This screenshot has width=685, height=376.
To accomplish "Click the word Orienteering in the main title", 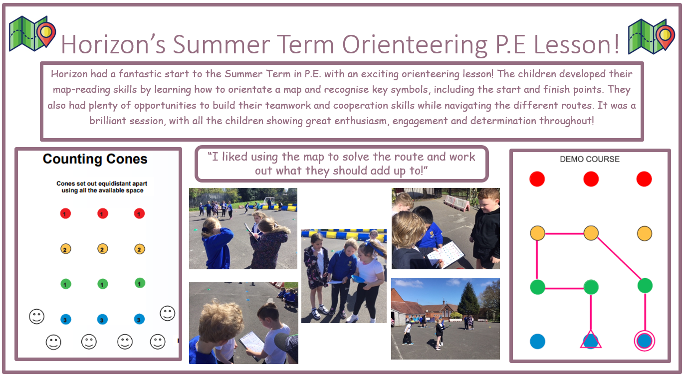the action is [415, 45].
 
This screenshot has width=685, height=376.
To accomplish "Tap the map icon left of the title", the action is [32, 33].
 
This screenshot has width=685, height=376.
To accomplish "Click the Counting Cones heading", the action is [95, 159].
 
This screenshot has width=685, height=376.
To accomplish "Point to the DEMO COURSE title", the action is [590, 159].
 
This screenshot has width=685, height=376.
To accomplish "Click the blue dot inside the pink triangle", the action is [591, 341].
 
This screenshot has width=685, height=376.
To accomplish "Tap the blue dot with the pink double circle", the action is [644, 341].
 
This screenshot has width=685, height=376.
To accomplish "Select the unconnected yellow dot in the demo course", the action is [644, 233].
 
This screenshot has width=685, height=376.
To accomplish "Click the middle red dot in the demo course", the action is [591, 179].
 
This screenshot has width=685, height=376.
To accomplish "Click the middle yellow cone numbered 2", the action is [102, 249].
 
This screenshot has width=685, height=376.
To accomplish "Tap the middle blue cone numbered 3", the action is [102, 320].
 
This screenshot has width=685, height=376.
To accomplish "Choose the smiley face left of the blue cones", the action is [37, 316].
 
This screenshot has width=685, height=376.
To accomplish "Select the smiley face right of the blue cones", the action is [168, 313].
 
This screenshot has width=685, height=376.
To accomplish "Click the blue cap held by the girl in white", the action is [358, 279].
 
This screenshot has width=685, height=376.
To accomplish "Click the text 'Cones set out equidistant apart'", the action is [102, 184].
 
